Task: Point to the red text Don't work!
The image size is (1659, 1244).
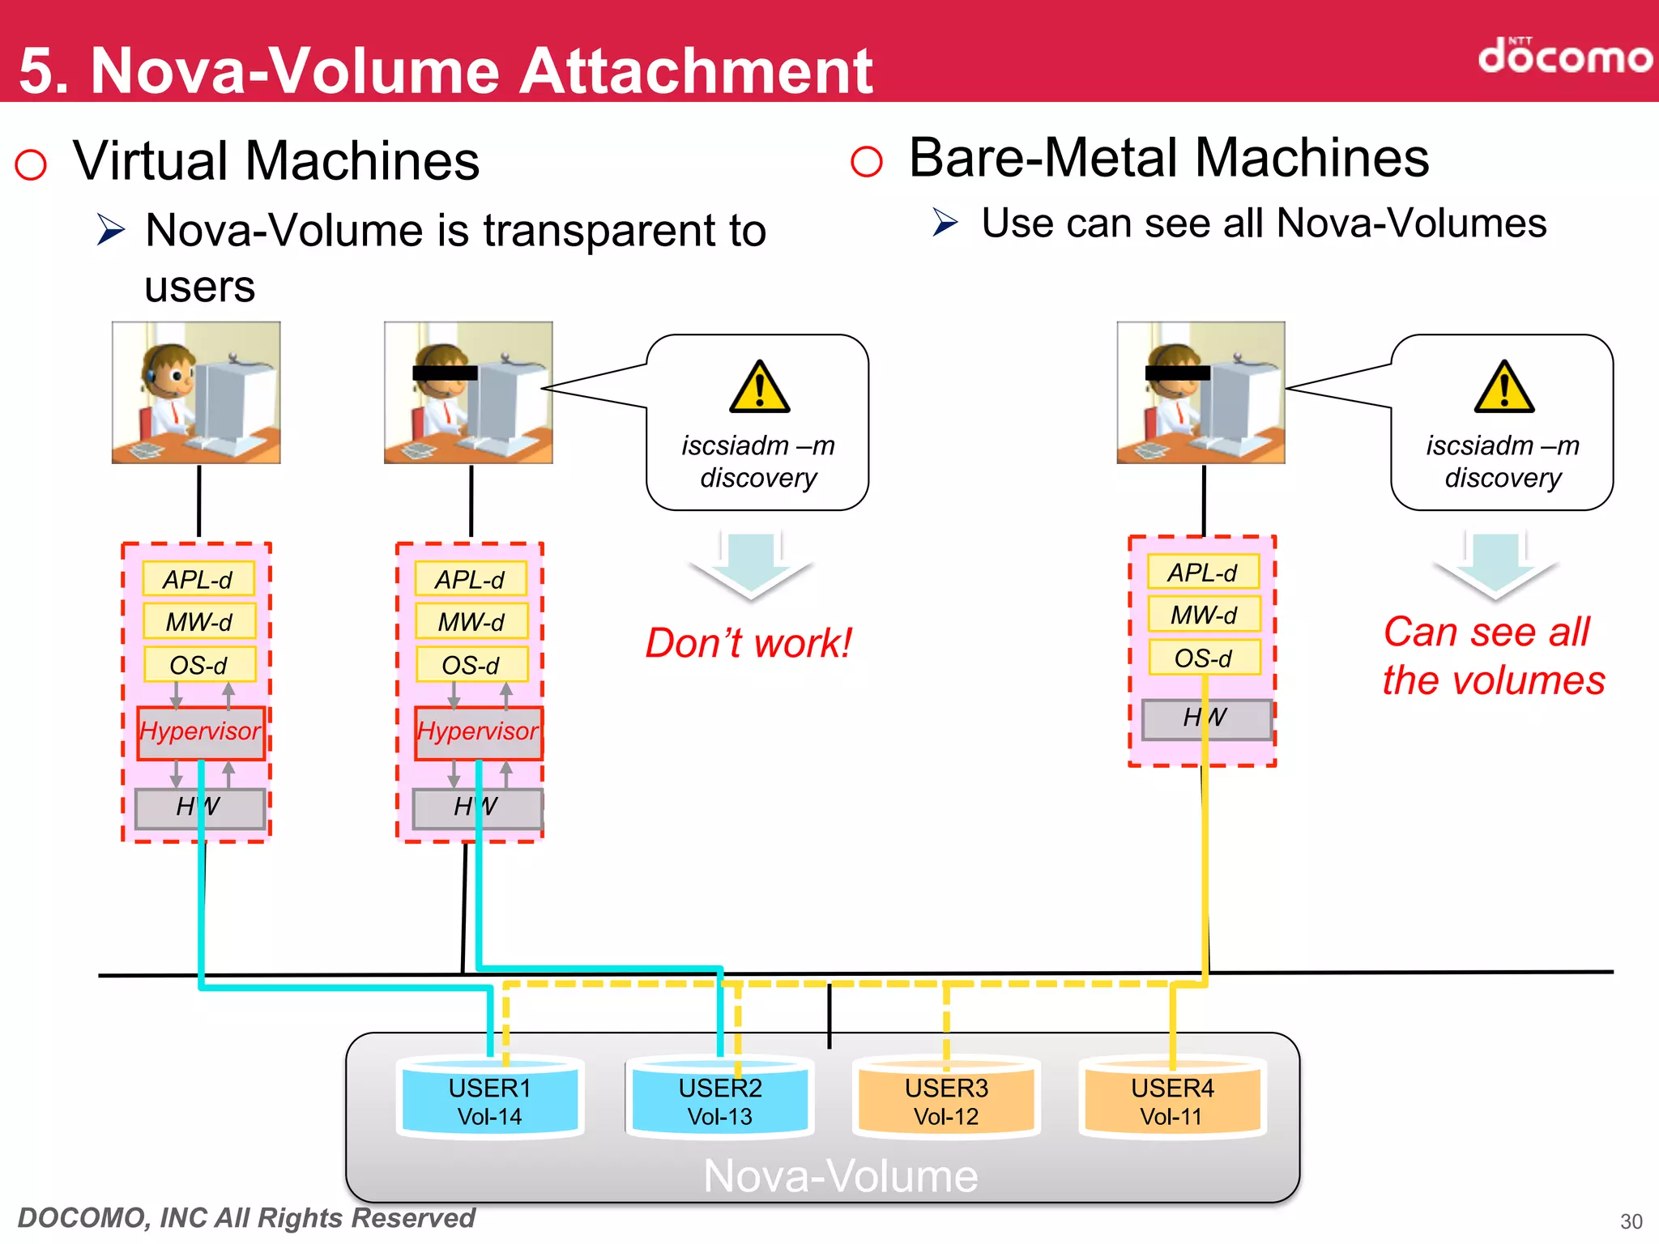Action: point(748,643)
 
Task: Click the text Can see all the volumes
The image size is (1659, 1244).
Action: point(1493,656)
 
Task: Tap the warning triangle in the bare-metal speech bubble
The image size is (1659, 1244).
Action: point(1503,387)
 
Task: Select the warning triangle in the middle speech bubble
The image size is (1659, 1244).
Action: point(759,387)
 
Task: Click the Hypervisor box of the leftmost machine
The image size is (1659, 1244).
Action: point(200,732)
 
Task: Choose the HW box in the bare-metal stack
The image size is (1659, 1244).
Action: point(1205,718)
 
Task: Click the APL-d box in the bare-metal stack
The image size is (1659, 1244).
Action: point(1203,573)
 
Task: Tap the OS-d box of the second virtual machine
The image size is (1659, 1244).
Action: point(471,665)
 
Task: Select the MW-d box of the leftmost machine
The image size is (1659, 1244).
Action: point(199,622)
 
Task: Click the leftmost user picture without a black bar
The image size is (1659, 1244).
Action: point(196,393)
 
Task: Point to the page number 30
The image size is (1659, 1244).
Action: point(1631,1221)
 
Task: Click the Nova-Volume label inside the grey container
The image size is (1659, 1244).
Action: point(840,1176)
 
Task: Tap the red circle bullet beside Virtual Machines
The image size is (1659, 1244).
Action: point(31,164)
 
